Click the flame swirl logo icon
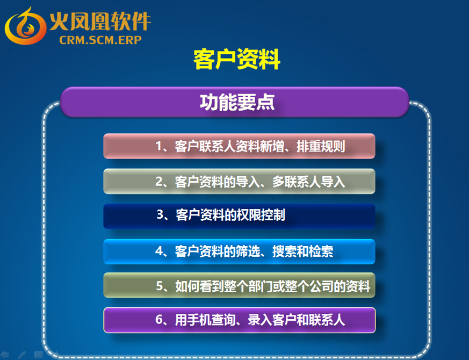click(25, 26)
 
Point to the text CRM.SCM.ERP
click(100, 40)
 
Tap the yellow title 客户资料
click(236, 59)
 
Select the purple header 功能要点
click(234, 102)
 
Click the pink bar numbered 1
click(239, 146)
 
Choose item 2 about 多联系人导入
click(239, 182)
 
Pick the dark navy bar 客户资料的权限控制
click(239, 217)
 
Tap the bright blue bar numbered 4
click(239, 251)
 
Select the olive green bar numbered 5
click(239, 285)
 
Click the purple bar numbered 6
click(240, 320)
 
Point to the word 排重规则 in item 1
click(321, 146)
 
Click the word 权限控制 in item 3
click(261, 215)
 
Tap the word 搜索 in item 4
click(284, 251)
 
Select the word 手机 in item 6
click(199, 320)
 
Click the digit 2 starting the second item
click(159, 182)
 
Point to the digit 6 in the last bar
click(159, 320)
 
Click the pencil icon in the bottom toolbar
click(21, 355)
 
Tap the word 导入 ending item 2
click(333, 182)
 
